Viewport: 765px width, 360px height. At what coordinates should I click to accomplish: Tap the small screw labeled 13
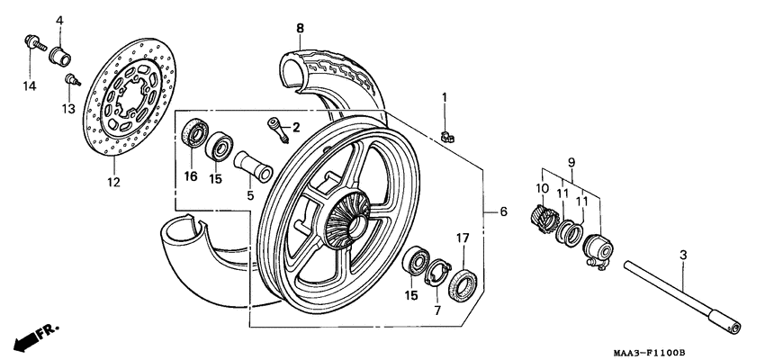[70, 80]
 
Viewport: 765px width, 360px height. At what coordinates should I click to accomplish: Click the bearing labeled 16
[193, 132]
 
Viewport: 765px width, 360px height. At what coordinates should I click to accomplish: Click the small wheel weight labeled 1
[447, 136]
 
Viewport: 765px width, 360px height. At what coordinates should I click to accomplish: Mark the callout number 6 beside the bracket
[504, 211]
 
